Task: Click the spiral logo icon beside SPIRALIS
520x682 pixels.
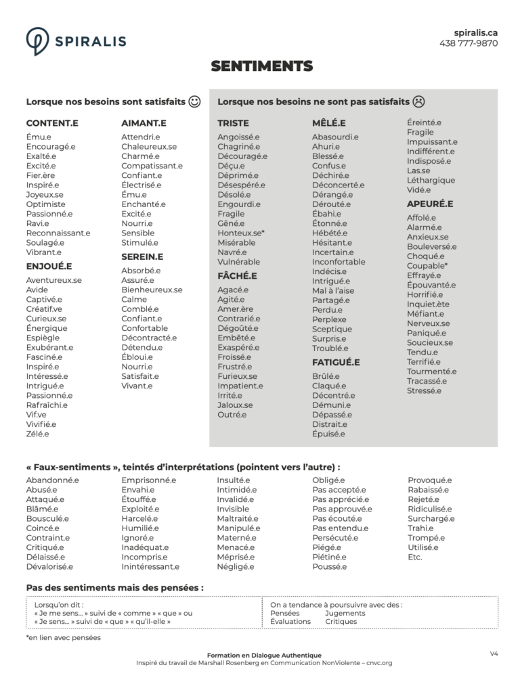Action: tap(37, 41)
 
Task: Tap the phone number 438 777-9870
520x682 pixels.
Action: tap(469, 43)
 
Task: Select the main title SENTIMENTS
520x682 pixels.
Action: tap(261, 66)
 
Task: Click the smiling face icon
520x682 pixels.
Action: tap(195, 102)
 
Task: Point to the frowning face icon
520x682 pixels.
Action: tap(419, 102)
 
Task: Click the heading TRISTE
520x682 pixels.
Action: tap(232, 124)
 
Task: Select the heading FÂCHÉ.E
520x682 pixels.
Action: tap(237, 276)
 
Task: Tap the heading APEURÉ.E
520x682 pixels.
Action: tap(429, 204)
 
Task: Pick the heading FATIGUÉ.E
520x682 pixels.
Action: tap(336, 363)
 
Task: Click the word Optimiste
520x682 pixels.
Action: tap(46, 204)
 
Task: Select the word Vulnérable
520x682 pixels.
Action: tap(238, 261)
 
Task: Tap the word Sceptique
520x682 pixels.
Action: tap(332, 329)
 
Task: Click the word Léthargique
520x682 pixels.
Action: tap(431, 180)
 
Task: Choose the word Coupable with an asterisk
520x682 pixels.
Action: tap(427, 266)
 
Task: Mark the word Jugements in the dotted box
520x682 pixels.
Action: tap(345, 613)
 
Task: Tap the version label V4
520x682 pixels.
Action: tap(494, 654)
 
